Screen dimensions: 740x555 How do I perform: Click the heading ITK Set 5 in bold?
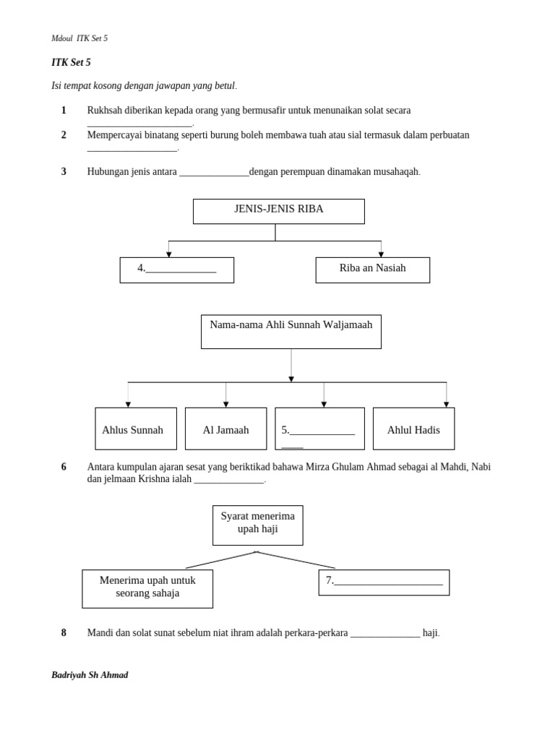[71, 63]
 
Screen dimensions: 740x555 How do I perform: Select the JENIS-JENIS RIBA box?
[278, 211]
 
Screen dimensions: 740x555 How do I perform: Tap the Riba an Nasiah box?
[372, 270]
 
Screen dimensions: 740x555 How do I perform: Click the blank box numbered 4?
[176, 270]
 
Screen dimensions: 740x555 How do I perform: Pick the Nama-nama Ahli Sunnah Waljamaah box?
[291, 331]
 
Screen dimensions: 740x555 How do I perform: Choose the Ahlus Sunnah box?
[136, 429]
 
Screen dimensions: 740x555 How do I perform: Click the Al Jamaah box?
[225, 429]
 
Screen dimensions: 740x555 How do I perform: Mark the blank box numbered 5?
[319, 429]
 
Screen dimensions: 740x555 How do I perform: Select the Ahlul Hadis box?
[413, 429]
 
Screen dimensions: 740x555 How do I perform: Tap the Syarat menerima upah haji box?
[257, 525]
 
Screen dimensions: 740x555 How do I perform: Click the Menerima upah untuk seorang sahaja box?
[147, 588]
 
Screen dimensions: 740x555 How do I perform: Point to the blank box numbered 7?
[384, 582]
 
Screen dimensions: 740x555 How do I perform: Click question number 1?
[64, 111]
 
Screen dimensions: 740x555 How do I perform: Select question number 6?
[64, 467]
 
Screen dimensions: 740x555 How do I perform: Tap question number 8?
[64, 633]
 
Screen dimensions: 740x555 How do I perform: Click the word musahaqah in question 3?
[396, 172]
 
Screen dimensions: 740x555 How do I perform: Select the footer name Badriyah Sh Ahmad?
[90, 675]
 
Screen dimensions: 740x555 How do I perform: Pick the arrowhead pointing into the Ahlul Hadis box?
[446, 405]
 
